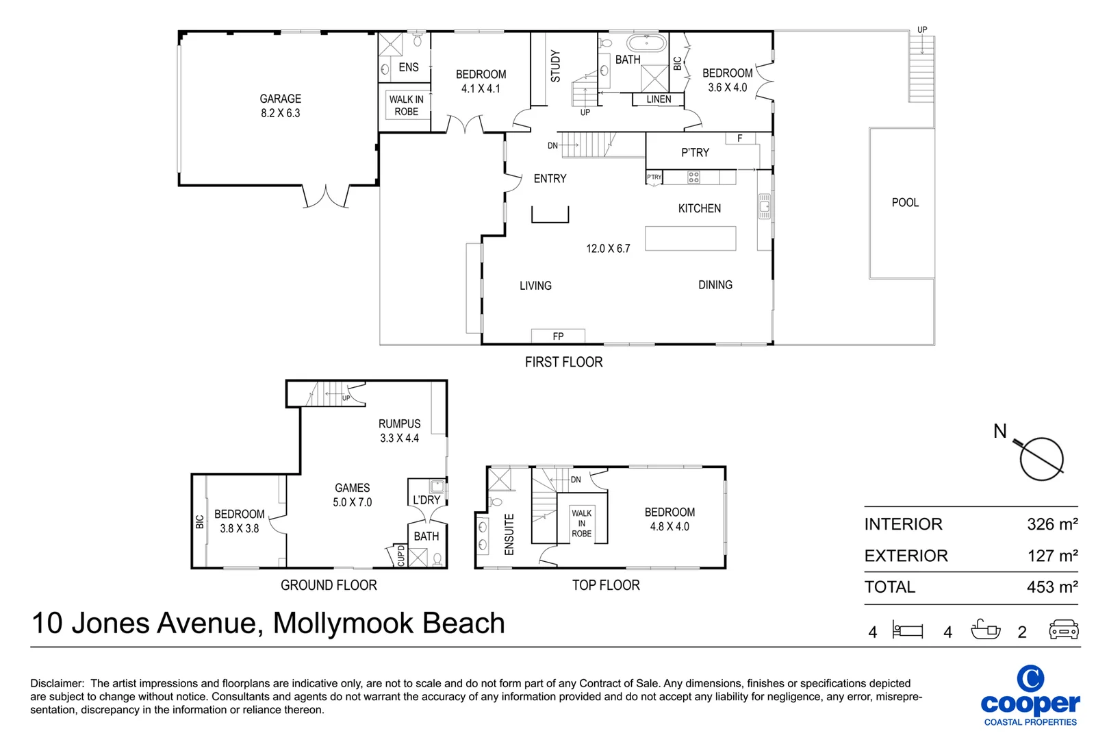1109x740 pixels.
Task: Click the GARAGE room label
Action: pos(280,99)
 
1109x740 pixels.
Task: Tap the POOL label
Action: pos(904,203)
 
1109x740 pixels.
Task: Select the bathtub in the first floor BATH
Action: pos(646,44)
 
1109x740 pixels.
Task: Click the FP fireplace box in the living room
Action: pos(558,336)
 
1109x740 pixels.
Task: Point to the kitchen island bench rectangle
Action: pos(690,238)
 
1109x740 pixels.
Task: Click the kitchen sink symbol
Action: pos(765,206)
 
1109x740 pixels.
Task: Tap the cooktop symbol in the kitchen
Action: pos(693,177)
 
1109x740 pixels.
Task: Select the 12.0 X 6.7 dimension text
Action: pos(608,249)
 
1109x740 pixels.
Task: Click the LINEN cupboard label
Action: pos(659,99)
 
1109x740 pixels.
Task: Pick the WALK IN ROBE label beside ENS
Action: pos(406,106)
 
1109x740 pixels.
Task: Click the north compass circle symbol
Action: pos(1041,459)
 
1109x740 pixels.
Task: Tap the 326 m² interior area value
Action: pos(1051,524)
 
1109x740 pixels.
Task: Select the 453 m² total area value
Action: pos(1051,587)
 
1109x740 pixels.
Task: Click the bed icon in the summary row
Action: pos(908,630)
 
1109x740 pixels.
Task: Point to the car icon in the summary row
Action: pos(1063,630)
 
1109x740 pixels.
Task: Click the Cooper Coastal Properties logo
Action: pos(1030,695)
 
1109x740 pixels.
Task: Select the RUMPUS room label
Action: pos(399,424)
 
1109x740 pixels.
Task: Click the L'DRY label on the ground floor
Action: pos(426,500)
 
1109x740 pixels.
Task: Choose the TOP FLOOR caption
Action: pos(606,585)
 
